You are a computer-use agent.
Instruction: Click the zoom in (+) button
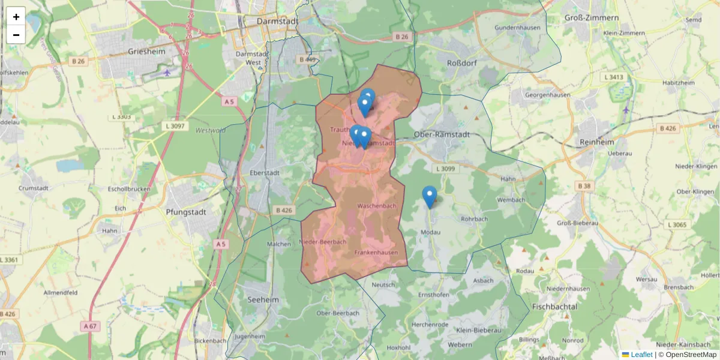pyautogui.click(x=16, y=17)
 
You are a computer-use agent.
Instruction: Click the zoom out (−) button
pyautogui.click(x=16, y=35)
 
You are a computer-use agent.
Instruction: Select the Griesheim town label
pyautogui.click(x=146, y=52)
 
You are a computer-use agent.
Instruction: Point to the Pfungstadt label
pyautogui.click(x=186, y=212)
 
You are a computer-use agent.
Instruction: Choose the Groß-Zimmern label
pyautogui.click(x=591, y=19)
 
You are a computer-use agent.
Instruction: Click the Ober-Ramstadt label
pyautogui.click(x=440, y=134)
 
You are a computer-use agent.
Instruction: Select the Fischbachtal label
pyautogui.click(x=554, y=307)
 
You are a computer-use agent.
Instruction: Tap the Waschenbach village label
pyautogui.click(x=376, y=206)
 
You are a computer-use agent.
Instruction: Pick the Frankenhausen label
pyautogui.click(x=376, y=253)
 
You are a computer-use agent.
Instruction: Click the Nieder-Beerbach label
pyautogui.click(x=323, y=242)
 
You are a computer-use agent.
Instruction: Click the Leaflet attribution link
pyautogui.click(x=641, y=355)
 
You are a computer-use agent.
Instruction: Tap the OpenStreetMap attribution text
pyautogui.click(x=691, y=355)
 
